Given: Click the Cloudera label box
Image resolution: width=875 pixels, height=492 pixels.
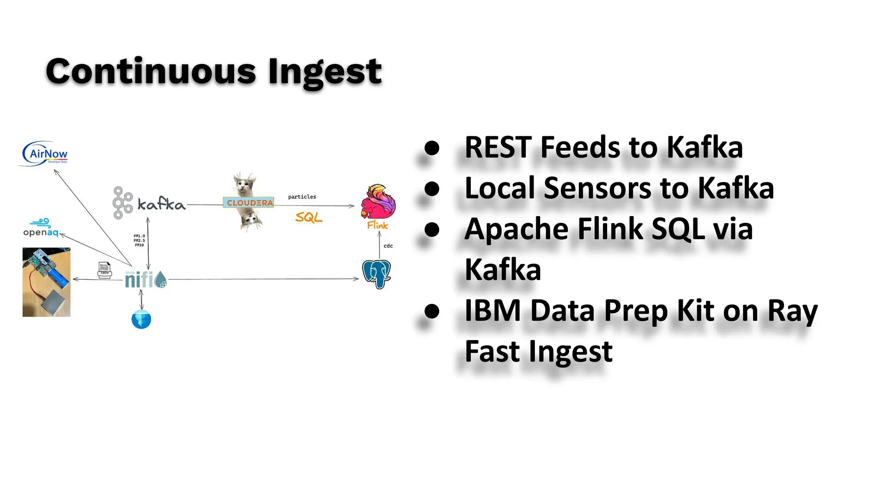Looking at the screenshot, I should [x=249, y=202].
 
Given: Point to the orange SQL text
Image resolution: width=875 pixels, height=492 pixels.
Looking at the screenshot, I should [x=308, y=217].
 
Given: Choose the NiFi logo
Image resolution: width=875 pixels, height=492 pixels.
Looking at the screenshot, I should [x=145, y=280].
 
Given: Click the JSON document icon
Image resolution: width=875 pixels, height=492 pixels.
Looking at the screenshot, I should [x=104, y=270].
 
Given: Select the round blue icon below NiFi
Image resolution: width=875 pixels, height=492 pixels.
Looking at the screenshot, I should [x=141, y=319].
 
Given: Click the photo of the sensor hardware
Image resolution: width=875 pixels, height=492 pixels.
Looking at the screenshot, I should [x=46, y=282].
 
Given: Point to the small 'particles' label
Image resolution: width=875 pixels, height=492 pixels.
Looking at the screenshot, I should [x=302, y=197].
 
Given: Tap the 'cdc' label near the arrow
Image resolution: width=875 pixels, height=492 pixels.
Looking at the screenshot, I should [x=388, y=246].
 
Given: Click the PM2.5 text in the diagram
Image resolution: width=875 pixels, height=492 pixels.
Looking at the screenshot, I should [x=139, y=240].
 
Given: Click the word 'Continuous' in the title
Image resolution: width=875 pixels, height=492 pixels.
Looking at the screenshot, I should [x=151, y=71].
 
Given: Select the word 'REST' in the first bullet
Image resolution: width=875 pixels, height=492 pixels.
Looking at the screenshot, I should [x=499, y=147].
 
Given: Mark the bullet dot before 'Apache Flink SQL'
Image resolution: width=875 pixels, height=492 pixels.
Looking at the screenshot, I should [x=432, y=229].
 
